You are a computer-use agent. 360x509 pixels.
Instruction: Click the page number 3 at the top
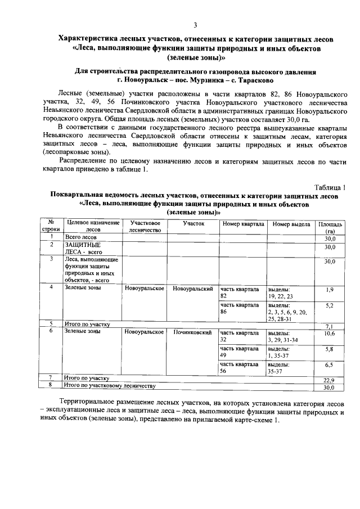[195, 25]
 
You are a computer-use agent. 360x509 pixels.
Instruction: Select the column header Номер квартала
[243, 224]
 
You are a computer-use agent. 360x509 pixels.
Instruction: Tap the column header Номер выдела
[291, 224]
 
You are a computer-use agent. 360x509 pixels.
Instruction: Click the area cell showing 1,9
[330, 289]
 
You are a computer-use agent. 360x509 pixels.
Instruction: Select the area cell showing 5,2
[330, 305]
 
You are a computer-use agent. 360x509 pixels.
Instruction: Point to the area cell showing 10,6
[330, 334]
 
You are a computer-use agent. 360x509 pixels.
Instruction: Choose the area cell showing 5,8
[330, 349]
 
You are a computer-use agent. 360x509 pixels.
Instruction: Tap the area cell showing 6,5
[330, 365]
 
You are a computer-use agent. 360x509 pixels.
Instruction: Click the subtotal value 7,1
[330, 326]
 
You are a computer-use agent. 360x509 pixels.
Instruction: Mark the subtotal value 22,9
[330, 380]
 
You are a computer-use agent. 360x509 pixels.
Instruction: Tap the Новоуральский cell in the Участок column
[192, 289]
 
